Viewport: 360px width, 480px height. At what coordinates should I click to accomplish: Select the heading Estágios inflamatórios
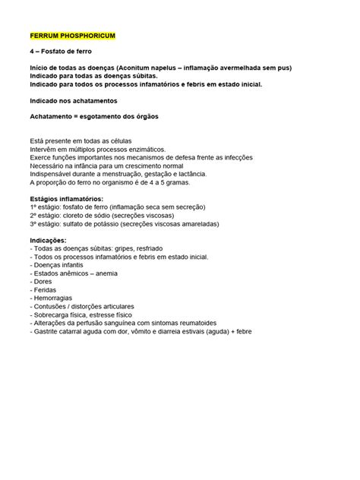point(65,198)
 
